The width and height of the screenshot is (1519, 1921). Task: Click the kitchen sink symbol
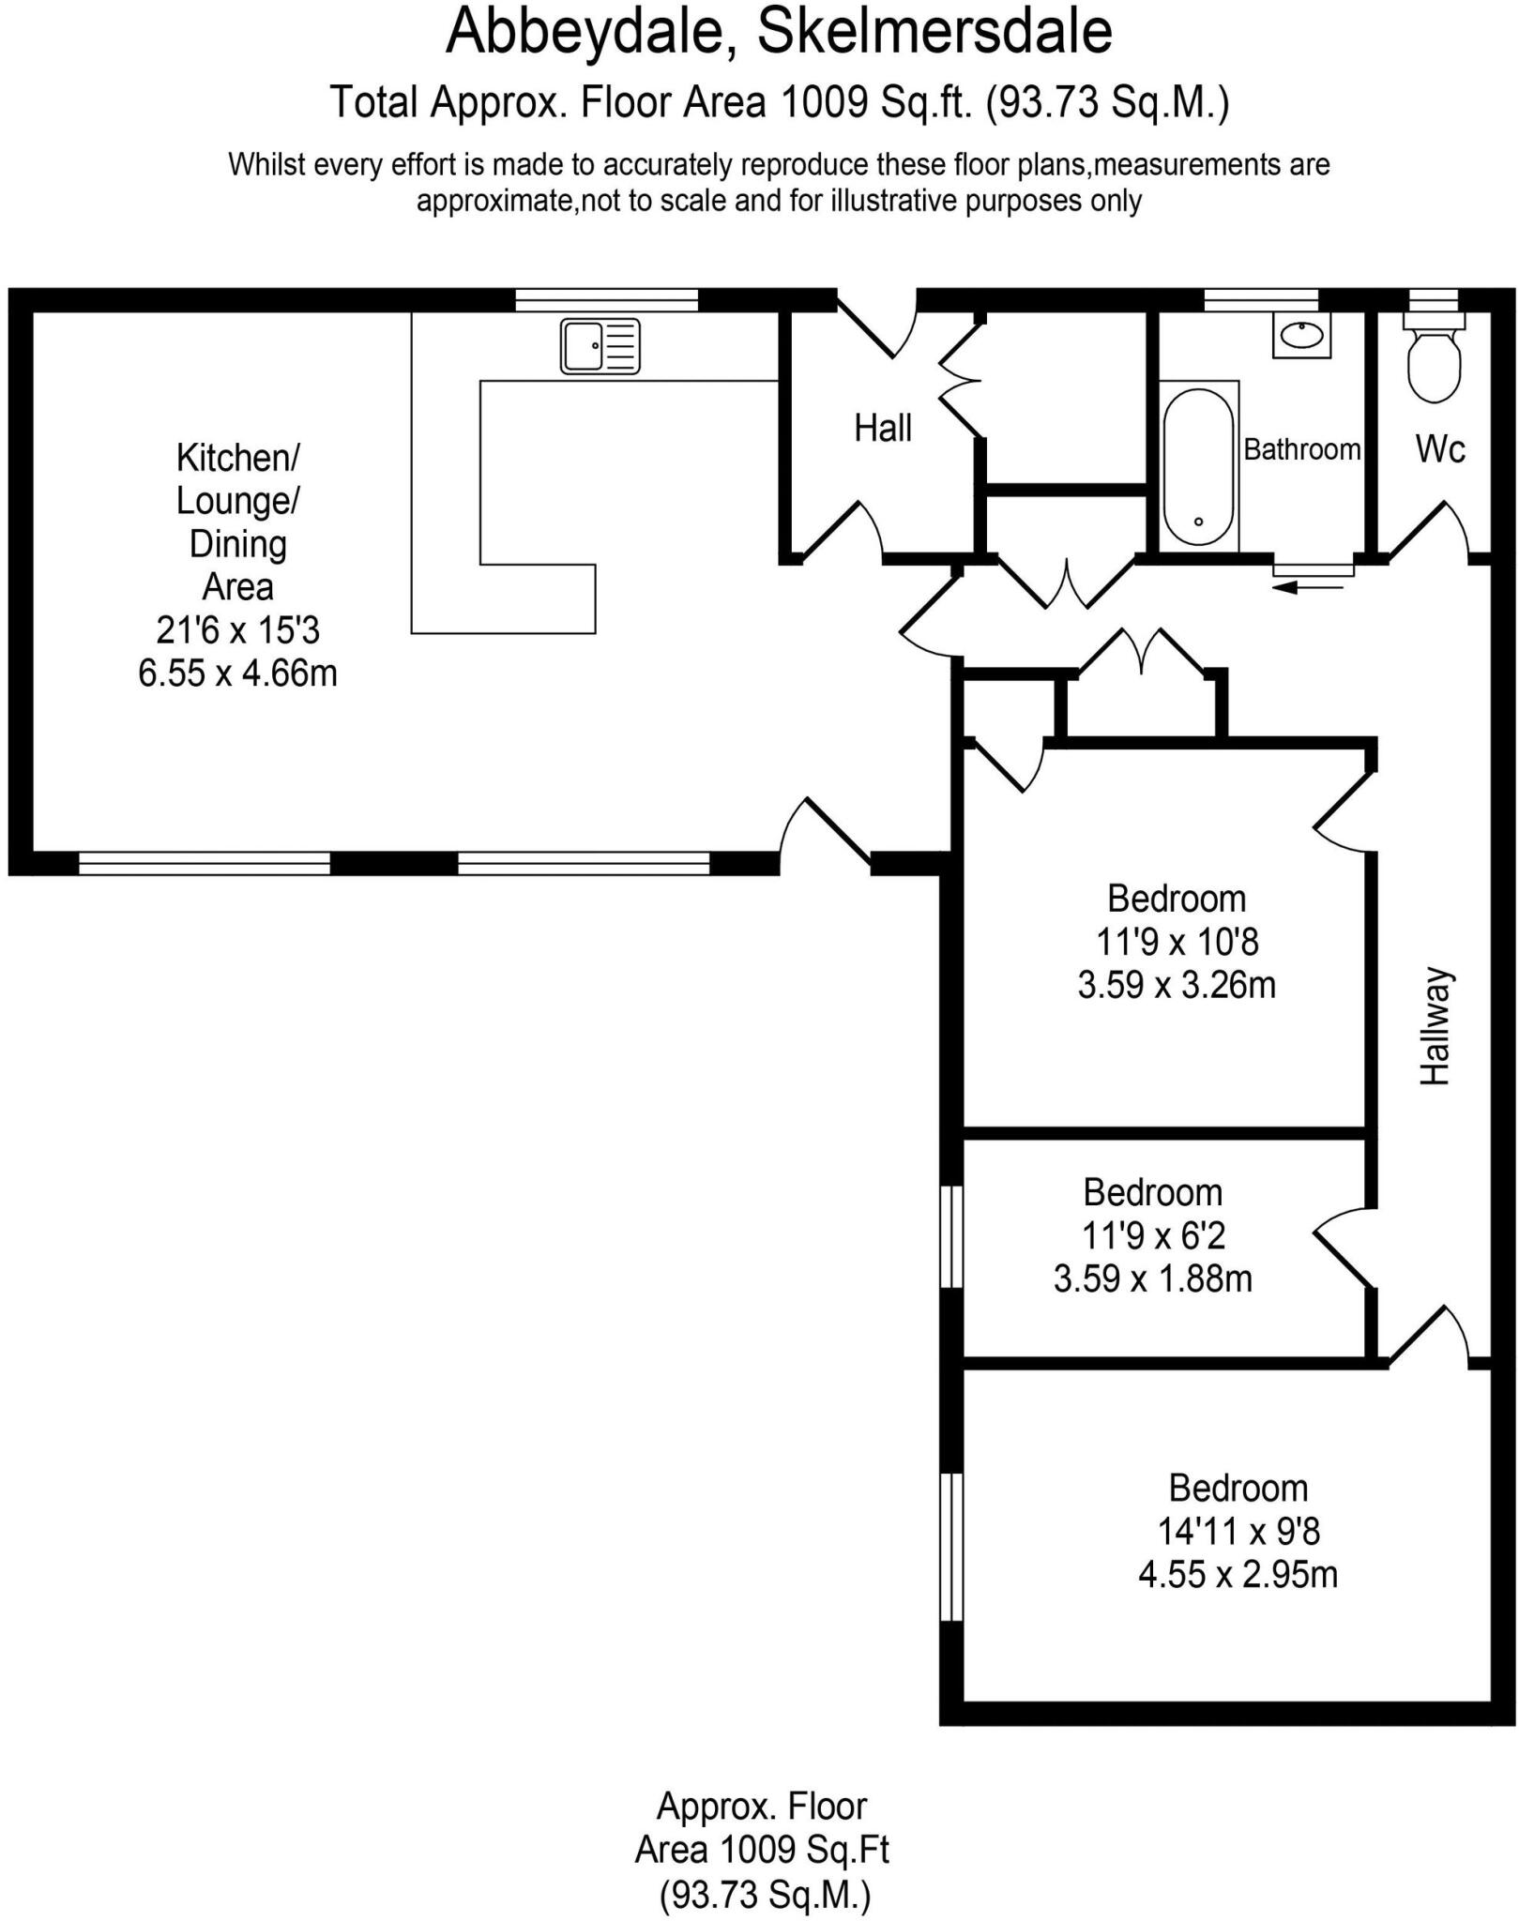(x=600, y=346)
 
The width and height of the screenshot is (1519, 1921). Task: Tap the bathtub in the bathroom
(x=1198, y=466)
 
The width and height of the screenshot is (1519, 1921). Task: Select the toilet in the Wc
(x=1434, y=361)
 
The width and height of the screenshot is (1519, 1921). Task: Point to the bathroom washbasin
(x=1301, y=335)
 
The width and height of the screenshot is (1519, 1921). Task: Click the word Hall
(x=882, y=429)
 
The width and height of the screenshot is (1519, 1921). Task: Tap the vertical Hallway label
(x=1435, y=1026)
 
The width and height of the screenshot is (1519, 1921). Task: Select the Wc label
(x=1439, y=449)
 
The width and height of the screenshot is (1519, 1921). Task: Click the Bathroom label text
(x=1301, y=449)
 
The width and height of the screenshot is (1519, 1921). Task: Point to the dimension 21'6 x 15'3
(x=237, y=630)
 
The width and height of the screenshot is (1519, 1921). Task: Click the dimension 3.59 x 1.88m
(x=1152, y=1279)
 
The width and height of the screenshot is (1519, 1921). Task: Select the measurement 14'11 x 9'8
(x=1238, y=1532)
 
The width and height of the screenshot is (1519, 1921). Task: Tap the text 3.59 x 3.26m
(x=1176, y=985)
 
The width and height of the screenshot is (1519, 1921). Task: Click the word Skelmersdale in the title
(x=934, y=32)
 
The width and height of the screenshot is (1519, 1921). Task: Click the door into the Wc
(x=1426, y=533)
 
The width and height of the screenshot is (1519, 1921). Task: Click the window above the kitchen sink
(x=606, y=300)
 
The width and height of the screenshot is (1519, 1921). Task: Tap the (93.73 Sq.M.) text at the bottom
(x=765, y=1896)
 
